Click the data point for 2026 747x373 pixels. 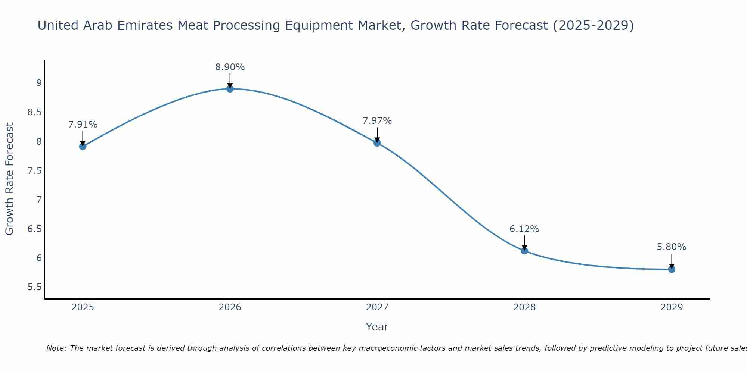(230, 89)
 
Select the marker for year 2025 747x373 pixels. (83, 147)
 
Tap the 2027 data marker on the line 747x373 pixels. (377, 143)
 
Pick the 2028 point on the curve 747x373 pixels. (524, 251)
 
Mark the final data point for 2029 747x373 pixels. (672, 269)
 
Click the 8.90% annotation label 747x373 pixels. (230, 67)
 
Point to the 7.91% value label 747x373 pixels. (83, 125)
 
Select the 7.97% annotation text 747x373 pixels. (377, 121)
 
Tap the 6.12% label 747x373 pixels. (524, 229)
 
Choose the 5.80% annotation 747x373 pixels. (672, 247)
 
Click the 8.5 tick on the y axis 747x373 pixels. (34, 112)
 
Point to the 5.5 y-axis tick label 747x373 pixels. (34, 287)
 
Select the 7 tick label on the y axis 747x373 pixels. (39, 200)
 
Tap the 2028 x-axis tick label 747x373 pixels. (524, 307)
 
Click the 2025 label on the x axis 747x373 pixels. (83, 307)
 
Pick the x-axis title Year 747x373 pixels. (377, 327)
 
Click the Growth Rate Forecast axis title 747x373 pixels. (9, 179)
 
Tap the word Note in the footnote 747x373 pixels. (56, 348)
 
